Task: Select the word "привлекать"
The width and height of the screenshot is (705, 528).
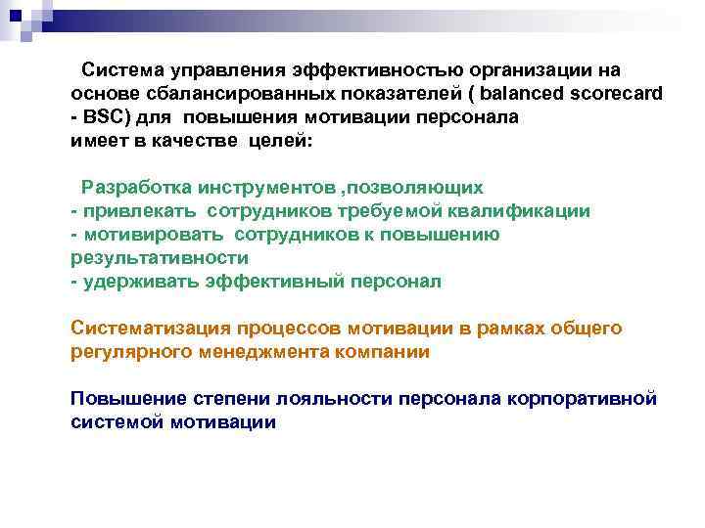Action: click(x=142, y=210)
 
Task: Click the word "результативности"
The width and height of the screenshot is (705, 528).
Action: click(x=160, y=258)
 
